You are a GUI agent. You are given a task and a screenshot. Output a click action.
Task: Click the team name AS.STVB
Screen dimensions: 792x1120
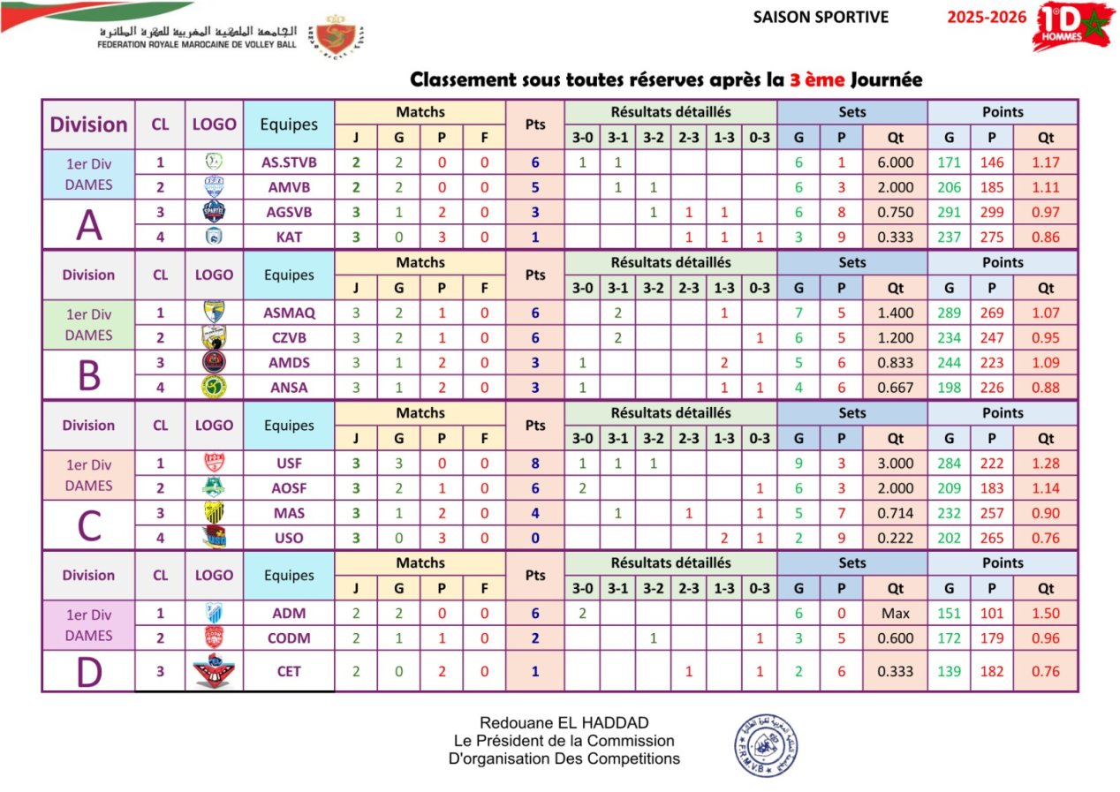pos(289,162)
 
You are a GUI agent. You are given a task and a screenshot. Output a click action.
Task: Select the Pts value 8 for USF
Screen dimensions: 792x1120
pos(535,463)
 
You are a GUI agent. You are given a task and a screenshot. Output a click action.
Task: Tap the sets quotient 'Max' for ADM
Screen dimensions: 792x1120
pos(896,613)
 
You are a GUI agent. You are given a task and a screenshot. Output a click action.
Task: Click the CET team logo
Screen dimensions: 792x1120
pos(214,672)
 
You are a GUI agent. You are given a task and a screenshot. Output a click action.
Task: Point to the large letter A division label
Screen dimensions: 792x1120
pos(88,225)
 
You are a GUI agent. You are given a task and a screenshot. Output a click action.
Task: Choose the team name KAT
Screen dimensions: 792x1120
pos(289,236)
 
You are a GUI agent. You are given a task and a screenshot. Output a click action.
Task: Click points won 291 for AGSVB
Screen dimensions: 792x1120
pos(950,212)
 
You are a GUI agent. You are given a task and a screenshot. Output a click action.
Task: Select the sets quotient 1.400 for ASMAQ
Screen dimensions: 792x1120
pos(896,313)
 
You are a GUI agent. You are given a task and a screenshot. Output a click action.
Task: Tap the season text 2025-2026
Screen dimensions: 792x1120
pos(987,17)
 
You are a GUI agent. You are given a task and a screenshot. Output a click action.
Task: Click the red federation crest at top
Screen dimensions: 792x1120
pos(338,37)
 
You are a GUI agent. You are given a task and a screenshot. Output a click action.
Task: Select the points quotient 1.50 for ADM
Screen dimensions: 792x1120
pos(1046,613)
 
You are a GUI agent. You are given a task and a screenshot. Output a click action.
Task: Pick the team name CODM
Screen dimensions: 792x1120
pos(289,637)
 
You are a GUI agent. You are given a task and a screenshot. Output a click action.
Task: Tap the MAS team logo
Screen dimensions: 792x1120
pos(214,513)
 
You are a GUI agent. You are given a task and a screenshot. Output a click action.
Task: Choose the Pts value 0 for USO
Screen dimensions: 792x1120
pos(535,538)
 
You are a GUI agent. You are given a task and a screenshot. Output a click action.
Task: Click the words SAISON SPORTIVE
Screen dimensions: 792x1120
pos(821,17)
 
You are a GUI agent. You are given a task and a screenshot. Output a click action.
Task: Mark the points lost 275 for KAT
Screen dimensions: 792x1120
pos(992,236)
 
